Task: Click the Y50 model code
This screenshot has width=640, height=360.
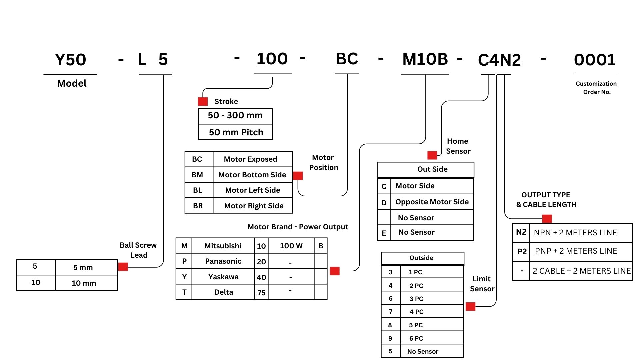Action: click(70, 60)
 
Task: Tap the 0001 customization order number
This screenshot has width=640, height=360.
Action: click(595, 60)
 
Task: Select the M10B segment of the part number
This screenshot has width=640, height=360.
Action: click(425, 59)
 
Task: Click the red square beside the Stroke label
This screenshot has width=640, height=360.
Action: click(203, 101)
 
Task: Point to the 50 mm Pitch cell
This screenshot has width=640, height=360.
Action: click(235, 132)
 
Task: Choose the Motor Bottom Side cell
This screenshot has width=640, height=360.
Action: click(252, 175)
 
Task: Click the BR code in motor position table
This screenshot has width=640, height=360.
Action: click(198, 206)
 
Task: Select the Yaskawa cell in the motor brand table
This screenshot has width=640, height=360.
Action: click(223, 277)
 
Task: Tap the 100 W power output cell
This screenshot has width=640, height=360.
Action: click(291, 246)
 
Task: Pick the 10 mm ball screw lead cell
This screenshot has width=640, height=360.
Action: click(84, 283)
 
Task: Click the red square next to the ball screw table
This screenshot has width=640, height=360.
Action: click(123, 267)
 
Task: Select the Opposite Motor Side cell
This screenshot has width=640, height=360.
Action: click(432, 202)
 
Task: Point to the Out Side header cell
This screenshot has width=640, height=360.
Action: click(432, 169)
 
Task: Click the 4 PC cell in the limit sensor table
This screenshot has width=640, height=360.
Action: click(416, 312)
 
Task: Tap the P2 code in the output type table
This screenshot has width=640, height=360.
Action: click(522, 251)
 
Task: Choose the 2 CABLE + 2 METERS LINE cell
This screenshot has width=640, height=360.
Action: click(581, 271)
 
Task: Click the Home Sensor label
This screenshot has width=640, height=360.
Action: click(458, 146)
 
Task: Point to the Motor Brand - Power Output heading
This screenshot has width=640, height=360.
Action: click(298, 227)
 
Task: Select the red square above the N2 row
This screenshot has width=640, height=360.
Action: click(547, 219)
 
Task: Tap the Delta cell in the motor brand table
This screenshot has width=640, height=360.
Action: click(223, 292)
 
